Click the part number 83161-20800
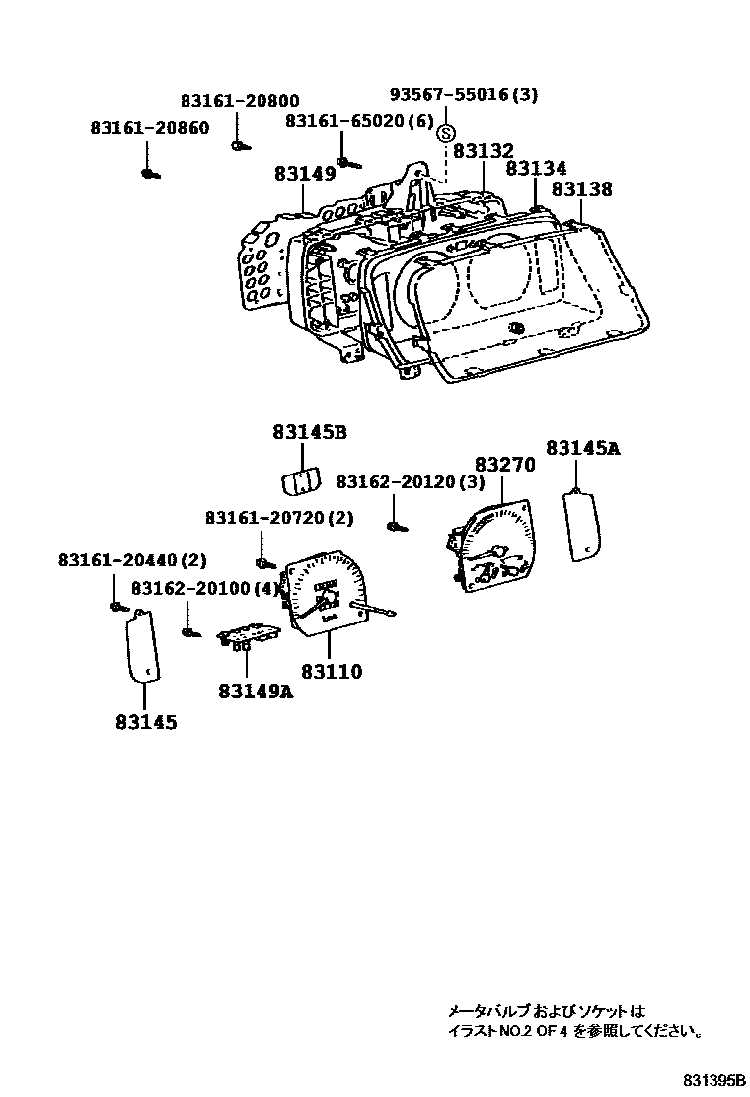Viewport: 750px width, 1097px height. pyautogui.click(x=240, y=102)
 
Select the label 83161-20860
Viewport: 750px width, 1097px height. pyautogui.click(x=149, y=128)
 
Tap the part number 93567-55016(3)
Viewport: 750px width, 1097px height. pyautogui.click(x=463, y=95)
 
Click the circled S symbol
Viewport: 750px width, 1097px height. pyautogui.click(x=446, y=134)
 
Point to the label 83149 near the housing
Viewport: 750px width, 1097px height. pyautogui.click(x=305, y=174)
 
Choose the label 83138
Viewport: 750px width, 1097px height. pyautogui.click(x=581, y=189)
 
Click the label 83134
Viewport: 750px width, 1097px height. pyautogui.click(x=536, y=169)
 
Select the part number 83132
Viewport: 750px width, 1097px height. pyautogui.click(x=484, y=151)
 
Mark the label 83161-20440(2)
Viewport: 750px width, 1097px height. pyautogui.click(x=132, y=560)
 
